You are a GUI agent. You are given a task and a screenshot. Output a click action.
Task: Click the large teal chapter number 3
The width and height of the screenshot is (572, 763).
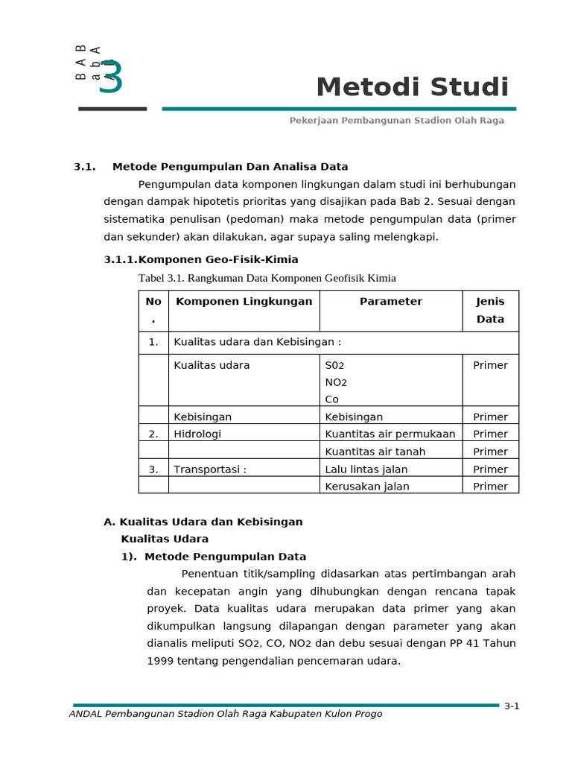click(x=110, y=77)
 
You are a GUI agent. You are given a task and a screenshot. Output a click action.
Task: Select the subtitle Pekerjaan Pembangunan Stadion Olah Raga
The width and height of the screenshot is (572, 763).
click(x=396, y=121)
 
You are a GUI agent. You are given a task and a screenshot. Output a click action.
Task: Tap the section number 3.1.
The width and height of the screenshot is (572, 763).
click(x=85, y=167)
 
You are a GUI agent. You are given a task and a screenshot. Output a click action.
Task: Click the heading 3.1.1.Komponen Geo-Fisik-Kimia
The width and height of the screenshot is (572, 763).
click(x=200, y=259)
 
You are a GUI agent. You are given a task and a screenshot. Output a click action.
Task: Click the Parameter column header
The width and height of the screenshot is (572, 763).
click(x=390, y=302)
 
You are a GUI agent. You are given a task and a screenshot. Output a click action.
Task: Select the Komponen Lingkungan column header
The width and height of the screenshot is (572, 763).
click(x=244, y=302)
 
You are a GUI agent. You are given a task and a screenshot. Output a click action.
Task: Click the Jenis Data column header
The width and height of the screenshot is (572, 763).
click(x=490, y=310)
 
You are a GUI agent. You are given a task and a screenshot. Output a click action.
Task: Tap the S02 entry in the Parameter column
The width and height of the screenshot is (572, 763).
click(x=335, y=366)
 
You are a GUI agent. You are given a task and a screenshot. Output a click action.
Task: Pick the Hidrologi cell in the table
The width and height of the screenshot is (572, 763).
click(x=197, y=434)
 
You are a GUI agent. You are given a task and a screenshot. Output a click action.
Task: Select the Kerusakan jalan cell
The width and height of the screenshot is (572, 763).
click(x=367, y=487)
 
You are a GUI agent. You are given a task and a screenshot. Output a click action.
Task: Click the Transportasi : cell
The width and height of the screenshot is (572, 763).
click(x=209, y=469)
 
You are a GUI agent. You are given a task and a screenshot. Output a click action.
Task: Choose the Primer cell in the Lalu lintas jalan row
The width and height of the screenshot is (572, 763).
click(x=490, y=469)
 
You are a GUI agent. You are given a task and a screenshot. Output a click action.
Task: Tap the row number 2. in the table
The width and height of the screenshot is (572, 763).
click(x=153, y=434)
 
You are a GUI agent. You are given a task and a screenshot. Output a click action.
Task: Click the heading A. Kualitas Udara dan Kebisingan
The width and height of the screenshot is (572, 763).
click(x=203, y=522)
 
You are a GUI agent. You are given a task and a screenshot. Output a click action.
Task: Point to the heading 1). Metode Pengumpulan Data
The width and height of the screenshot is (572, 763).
click(x=214, y=557)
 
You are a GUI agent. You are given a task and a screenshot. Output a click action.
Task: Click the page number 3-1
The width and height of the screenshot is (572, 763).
click(x=511, y=706)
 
